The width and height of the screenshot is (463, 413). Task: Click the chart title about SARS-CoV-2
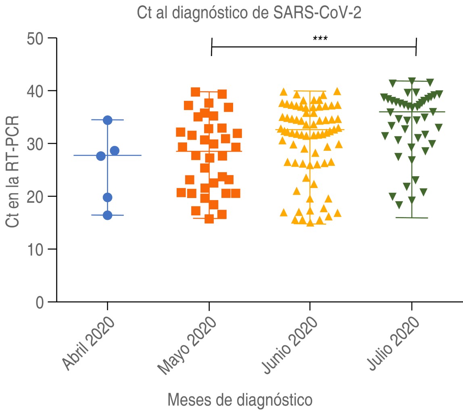pyautogui.click(x=249, y=13)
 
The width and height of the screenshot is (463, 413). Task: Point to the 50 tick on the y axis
pyautogui.click(x=35, y=38)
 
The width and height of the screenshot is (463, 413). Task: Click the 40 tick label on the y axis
pyautogui.click(x=35, y=91)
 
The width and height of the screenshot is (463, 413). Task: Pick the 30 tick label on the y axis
pyautogui.click(x=35, y=144)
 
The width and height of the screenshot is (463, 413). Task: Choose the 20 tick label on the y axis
pyautogui.click(x=35, y=196)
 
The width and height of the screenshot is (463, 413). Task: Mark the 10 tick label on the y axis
pyautogui.click(x=35, y=249)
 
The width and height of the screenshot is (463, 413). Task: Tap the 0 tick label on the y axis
pyautogui.click(x=40, y=302)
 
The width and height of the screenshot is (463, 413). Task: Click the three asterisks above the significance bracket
pyautogui.click(x=320, y=39)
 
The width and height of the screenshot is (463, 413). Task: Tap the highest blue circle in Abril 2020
pyautogui.click(x=107, y=120)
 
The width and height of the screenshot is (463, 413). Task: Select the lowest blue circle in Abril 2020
pyautogui.click(x=107, y=215)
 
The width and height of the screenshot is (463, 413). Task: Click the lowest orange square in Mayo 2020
pyautogui.click(x=209, y=219)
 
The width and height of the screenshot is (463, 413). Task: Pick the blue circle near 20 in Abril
pyautogui.click(x=107, y=197)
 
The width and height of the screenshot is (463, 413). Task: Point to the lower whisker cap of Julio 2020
pyautogui.click(x=412, y=218)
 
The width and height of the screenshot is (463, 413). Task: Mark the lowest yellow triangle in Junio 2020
pyautogui.click(x=310, y=223)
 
